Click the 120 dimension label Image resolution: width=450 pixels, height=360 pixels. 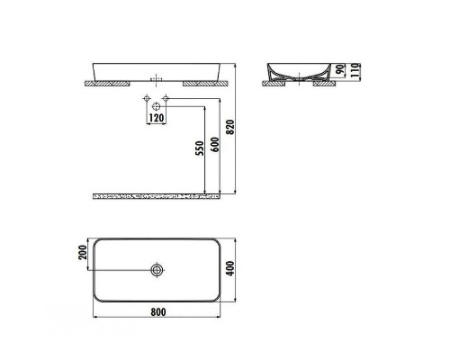tap(156, 118)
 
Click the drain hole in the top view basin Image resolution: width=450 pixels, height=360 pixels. tap(157, 269)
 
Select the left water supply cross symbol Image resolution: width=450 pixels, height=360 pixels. tap(145, 97)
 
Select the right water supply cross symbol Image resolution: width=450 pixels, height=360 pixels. tap(166, 97)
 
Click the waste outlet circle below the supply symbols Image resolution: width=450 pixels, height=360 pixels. tap(156, 107)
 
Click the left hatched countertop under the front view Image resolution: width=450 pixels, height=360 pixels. tap(109, 83)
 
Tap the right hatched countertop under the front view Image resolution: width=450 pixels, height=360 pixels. tap(202, 83)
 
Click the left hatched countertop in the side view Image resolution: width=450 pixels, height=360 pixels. tap(274, 83)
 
